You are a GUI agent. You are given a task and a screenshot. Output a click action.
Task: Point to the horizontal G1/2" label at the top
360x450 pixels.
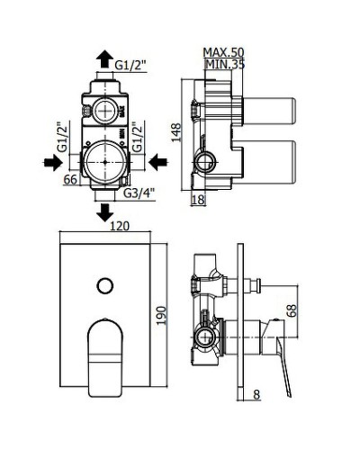(x=130, y=64)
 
